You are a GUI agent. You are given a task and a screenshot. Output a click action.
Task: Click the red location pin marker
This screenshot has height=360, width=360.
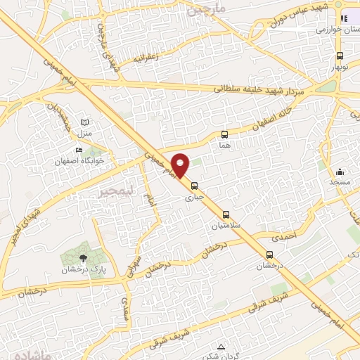[181, 165]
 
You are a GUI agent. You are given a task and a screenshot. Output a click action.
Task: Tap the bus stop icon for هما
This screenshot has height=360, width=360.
[225, 134]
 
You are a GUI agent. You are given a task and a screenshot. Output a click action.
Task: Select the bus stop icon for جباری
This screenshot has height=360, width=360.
[195, 186]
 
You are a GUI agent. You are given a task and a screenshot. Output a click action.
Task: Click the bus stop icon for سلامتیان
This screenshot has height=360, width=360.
[227, 214]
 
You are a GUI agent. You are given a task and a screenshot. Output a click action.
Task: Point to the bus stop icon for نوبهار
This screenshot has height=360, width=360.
[340, 56]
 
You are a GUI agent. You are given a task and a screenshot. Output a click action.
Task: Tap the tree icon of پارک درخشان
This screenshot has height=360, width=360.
[83, 258]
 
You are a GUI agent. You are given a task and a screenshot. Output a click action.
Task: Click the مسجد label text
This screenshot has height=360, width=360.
[340, 181]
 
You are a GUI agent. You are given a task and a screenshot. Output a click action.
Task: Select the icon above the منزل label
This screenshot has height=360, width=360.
[85, 121]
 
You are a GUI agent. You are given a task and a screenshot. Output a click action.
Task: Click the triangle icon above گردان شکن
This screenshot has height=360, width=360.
[221, 347]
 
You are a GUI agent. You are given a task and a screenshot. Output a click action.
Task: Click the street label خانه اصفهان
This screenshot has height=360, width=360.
[277, 118]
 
